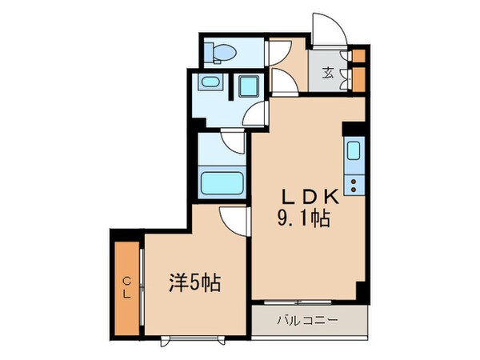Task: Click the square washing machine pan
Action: [x=247, y=87]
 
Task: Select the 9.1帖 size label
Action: [x=302, y=218]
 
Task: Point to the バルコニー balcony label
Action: [x=308, y=321]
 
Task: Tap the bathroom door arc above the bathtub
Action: [x=234, y=144]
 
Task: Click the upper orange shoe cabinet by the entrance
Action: [x=358, y=56]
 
